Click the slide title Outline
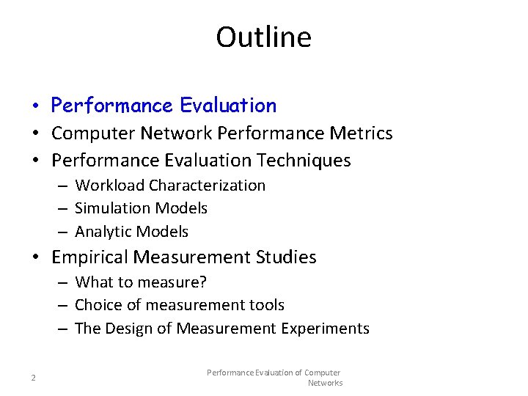click(x=263, y=37)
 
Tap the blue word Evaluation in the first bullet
click(x=228, y=106)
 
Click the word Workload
click(x=109, y=186)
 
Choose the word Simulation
click(x=111, y=208)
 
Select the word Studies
click(x=287, y=257)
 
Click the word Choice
click(x=98, y=305)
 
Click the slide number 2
click(x=33, y=378)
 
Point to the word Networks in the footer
click(x=325, y=383)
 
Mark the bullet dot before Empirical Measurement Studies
click(x=36, y=258)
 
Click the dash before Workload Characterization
click(x=64, y=186)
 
